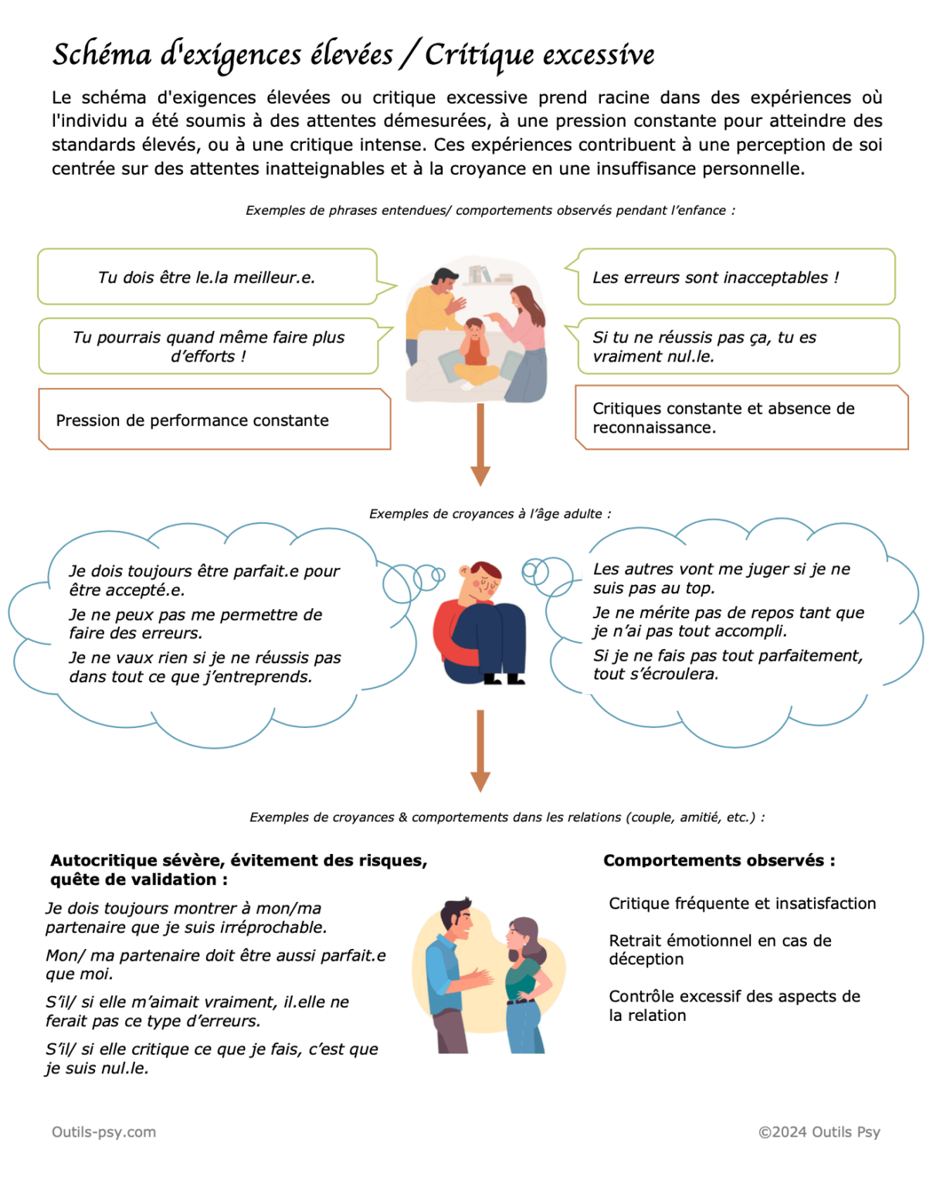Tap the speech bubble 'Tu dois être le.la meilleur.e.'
206,277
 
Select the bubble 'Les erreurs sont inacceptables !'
715,277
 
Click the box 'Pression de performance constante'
192,420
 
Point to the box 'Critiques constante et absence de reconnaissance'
724,418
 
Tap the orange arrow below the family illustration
480,444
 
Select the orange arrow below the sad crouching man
480,750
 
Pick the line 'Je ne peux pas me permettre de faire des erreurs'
195,624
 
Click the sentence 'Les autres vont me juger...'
721,578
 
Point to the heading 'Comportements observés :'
719,860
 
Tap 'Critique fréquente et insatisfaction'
742,903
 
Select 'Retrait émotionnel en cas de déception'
720,950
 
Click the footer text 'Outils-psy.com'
103,1132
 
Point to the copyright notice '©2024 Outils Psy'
819,1132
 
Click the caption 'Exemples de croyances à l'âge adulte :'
490,514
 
